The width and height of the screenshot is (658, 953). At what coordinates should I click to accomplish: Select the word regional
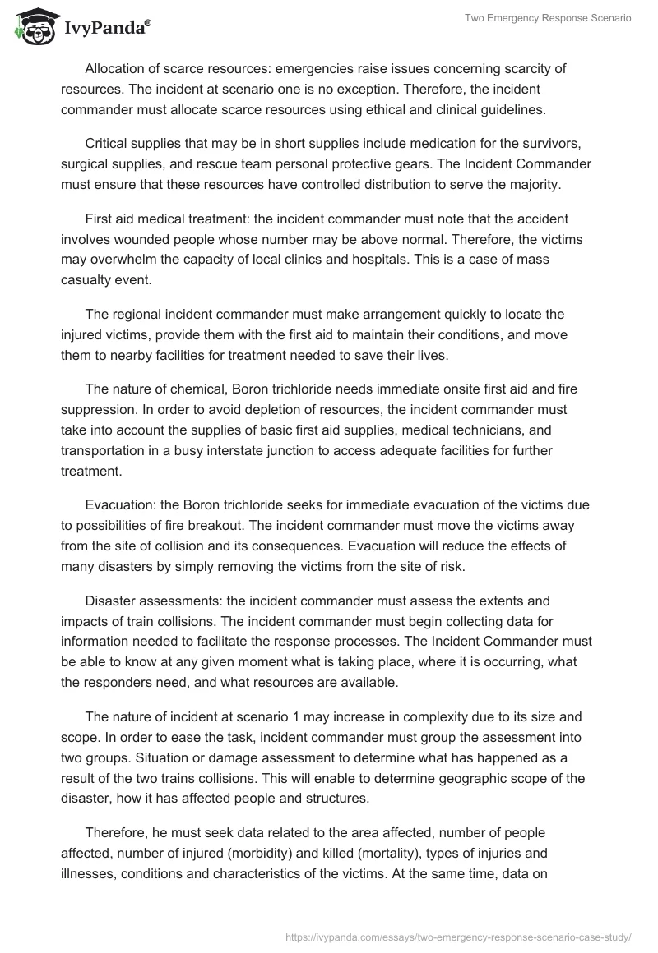[133, 315]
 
